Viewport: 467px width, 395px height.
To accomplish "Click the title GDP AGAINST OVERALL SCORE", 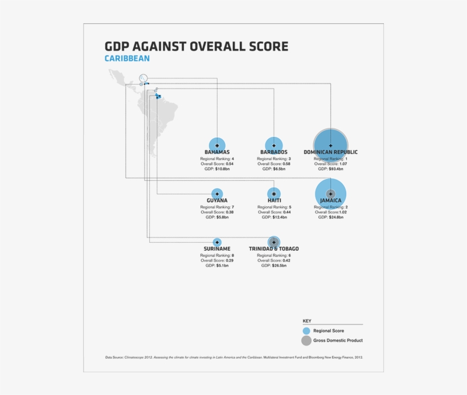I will tap(196, 46).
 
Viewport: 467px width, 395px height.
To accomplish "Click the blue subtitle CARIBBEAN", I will tap(127, 59).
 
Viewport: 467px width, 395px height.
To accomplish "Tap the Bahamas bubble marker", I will tap(217, 145).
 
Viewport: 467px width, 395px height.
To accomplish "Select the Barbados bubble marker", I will tap(274, 145).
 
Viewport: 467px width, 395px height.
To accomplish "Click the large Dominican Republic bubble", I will tap(330, 145).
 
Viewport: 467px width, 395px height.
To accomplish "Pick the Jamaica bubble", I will tap(330, 194).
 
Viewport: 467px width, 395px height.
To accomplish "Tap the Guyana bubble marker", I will tap(217, 194).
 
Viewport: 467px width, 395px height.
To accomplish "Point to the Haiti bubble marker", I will tap(274, 194).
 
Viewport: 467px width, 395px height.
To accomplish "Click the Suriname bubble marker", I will tap(217, 242).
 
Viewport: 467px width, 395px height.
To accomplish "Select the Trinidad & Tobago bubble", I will tap(274, 242).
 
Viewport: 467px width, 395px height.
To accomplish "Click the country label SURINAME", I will tap(217, 249).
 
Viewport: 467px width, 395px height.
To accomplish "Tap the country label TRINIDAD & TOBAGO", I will tap(274, 249).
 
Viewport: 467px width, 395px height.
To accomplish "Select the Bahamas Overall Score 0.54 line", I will tap(217, 164).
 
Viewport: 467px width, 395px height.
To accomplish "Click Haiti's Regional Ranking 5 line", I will tap(274, 207).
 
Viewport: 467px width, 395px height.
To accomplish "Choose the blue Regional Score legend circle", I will tap(306, 331).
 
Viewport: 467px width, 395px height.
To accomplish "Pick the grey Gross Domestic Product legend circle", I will tap(306, 341).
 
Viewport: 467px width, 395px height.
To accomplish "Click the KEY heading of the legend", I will tap(307, 321).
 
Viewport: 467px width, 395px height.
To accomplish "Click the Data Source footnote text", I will tap(233, 357).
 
